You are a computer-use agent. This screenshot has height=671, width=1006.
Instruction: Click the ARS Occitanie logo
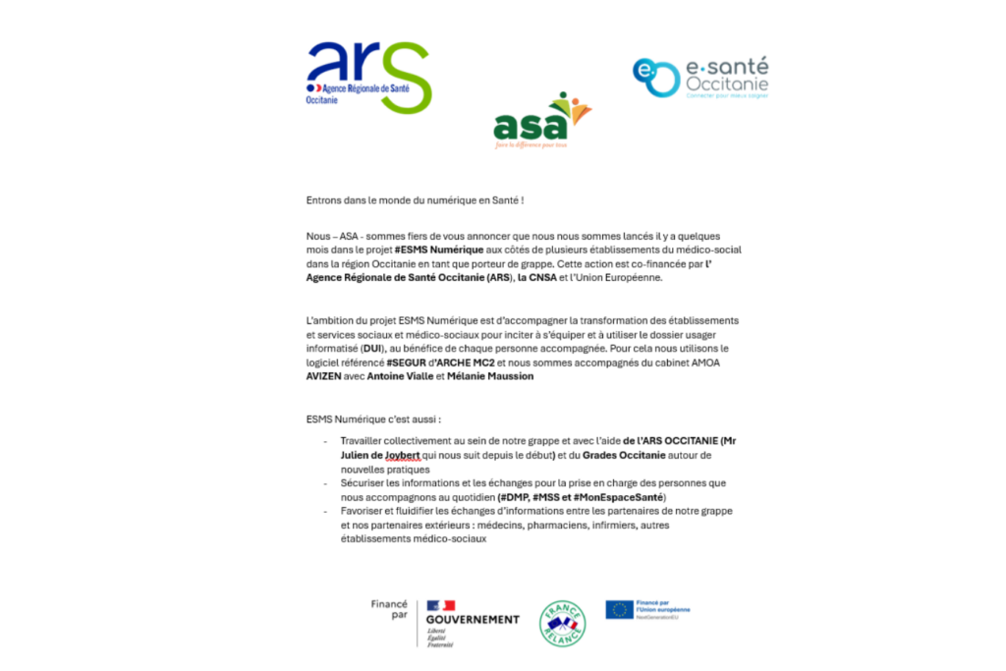368,76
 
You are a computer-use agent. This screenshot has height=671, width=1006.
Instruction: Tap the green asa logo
541,121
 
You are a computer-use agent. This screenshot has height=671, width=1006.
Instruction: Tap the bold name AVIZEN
324,375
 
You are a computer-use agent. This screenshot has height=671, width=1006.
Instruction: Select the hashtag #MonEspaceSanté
624,497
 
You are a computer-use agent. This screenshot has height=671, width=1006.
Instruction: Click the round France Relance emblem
563,623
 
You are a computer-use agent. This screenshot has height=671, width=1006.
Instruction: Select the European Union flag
619,609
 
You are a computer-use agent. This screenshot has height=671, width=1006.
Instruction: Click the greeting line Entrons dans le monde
415,200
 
